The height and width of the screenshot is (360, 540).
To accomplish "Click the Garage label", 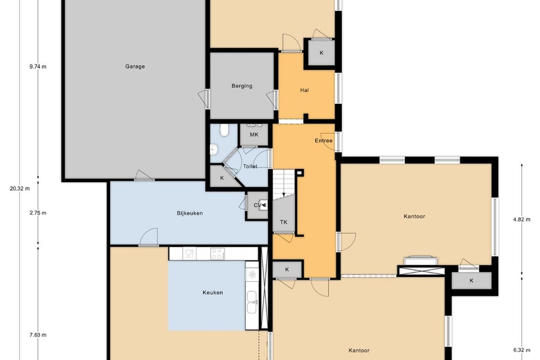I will (135, 67).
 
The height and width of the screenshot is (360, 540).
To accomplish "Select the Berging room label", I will (242, 86).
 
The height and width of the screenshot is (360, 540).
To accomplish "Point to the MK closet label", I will (254, 134).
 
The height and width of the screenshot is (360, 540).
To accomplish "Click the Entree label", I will (323, 141).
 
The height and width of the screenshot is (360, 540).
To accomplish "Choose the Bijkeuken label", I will (189, 213).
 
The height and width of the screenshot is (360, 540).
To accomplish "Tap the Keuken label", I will (213, 293).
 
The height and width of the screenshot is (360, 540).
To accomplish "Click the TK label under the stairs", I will (283, 222).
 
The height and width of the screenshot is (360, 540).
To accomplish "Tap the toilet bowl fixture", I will (224, 130).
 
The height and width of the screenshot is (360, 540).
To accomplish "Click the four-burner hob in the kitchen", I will (217, 254).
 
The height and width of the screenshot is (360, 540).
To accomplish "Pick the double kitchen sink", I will (251, 299).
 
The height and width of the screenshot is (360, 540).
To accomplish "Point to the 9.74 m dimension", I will (38, 67).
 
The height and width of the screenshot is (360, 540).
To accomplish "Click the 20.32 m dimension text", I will (19, 188).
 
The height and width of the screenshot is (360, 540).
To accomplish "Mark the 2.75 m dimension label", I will (38, 213).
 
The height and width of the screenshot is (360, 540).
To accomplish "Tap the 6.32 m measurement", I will (521, 350).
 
